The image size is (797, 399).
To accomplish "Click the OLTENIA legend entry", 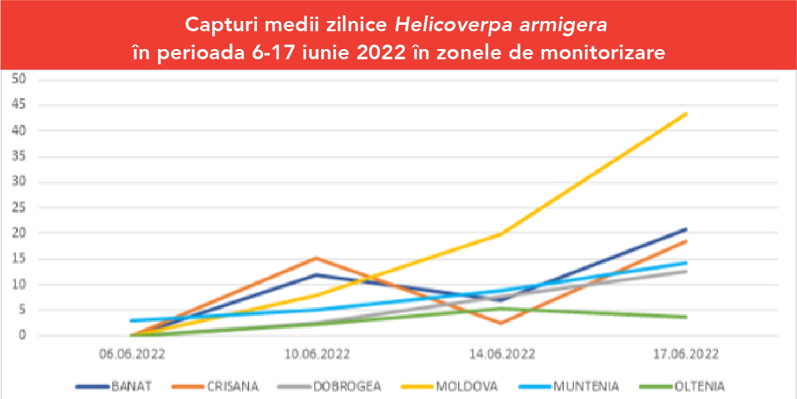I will click(700, 386).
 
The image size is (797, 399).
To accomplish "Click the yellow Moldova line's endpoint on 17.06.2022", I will click(686, 113).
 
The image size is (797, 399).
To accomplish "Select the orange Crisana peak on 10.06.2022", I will click(317, 258).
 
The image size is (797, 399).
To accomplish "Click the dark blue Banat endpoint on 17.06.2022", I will click(686, 229).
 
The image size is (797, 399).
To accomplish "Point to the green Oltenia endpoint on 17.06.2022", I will click(686, 317).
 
